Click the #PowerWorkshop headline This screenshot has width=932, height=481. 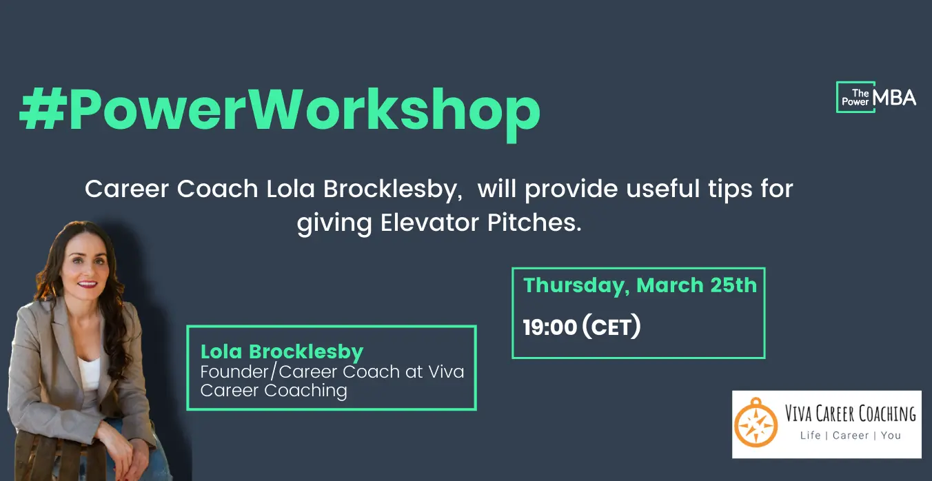[x=280, y=112]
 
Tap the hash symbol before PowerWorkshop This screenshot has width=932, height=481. [x=43, y=109]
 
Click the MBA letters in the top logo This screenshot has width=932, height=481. [x=895, y=98]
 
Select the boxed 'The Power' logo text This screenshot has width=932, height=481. [x=855, y=97]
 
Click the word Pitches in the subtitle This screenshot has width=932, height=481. [x=534, y=223]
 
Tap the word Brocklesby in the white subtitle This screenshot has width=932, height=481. [x=393, y=190]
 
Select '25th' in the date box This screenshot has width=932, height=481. [x=733, y=285]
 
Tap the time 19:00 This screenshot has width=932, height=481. [x=550, y=327]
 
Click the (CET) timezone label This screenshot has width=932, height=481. [x=611, y=327]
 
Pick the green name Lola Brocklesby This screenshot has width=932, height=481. [x=282, y=352]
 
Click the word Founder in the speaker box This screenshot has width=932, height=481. [x=234, y=371]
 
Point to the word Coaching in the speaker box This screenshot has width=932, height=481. [x=306, y=391]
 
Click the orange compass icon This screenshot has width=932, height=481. [x=756, y=423]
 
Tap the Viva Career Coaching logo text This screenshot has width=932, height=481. [x=851, y=413]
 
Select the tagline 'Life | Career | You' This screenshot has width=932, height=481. [x=851, y=436]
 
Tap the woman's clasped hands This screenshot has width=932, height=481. [x=125, y=453]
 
